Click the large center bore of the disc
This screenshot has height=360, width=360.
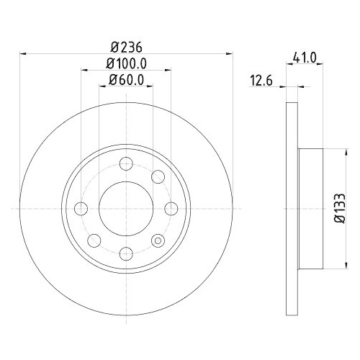(126, 207)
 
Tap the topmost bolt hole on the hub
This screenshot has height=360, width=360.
(126, 163)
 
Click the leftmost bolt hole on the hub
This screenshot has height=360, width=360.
(81, 207)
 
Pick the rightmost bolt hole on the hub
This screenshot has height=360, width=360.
(171, 207)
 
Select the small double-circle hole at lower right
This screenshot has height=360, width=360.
(158, 239)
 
